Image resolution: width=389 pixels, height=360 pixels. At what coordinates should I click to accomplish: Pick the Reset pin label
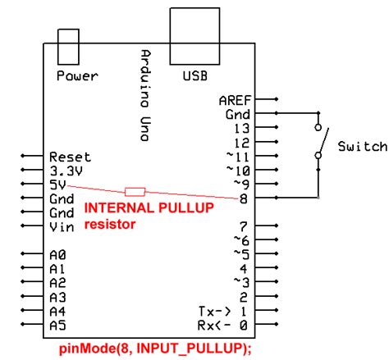(x=70, y=156)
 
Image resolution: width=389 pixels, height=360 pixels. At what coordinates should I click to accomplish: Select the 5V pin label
(x=57, y=185)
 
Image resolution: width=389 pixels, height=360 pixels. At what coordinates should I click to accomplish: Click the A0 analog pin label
(x=57, y=255)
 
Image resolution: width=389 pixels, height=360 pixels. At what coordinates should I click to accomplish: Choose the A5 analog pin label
(x=57, y=325)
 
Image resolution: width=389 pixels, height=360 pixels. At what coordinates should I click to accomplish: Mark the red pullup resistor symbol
(x=135, y=190)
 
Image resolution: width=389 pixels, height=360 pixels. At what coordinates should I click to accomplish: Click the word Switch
(x=361, y=146)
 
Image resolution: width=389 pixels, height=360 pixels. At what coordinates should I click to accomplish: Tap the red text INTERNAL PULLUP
(x=149, y=209)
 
